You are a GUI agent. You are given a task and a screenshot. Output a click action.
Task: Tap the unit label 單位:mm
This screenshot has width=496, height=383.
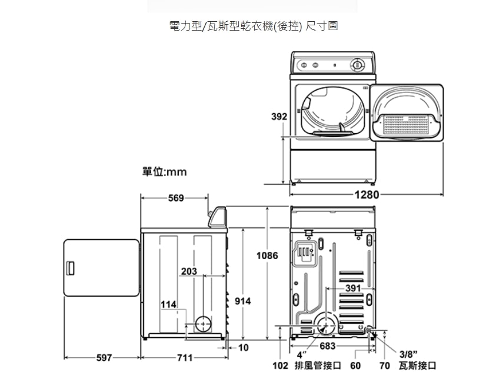point(164,172)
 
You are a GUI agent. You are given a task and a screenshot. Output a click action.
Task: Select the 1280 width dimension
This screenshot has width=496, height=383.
point(367,195)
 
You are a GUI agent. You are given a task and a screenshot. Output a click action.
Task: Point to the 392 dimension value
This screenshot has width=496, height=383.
point(279,117)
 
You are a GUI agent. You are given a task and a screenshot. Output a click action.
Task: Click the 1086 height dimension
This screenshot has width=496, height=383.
point(267,256)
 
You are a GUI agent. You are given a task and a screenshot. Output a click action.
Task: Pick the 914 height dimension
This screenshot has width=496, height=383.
point(242,301)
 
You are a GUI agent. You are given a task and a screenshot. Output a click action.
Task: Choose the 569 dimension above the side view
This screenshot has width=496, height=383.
point(175,198)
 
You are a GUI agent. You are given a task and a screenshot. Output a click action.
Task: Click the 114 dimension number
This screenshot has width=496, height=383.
point(168,305)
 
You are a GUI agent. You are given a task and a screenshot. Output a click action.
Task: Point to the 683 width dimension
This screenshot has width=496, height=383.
point(327,346)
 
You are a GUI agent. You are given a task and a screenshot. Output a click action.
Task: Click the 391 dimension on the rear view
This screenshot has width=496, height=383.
point(353,288)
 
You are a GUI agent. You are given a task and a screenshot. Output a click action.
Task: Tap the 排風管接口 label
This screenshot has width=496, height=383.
point(318,366)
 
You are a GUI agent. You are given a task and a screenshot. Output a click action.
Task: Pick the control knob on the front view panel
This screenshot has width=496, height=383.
point(357,65)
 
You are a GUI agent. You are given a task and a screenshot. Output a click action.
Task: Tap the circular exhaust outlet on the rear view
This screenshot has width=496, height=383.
point(325,324)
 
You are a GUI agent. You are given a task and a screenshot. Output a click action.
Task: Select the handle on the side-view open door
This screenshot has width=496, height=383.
point(71,268)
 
